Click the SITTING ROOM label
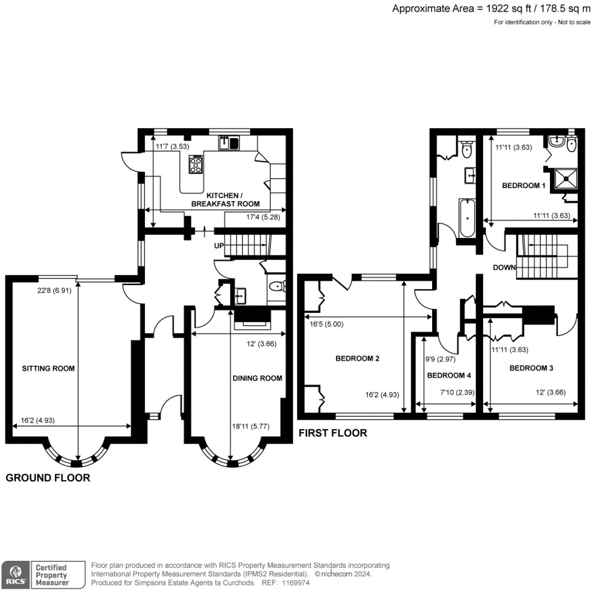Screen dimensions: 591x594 click(x=48, y=368)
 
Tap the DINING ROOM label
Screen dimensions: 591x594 click(x=257, y=378)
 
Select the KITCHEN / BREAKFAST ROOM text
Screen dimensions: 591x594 click(x=225, y=200)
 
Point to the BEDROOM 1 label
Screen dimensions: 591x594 click(x=523, y=186)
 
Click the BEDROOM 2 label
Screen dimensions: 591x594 click(x=357, y=358)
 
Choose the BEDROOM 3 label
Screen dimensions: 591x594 click(x=531, y=368)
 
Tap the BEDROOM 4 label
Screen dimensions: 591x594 click(x=445, y=376)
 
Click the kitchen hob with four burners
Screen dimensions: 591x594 click(x=196, y=165)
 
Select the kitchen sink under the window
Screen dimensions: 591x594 click(x=229, y=142)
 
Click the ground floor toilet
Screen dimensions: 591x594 click(x=278, y=286)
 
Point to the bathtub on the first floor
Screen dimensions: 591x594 click(x=468, y=219)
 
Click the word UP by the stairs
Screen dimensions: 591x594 click(x=219, y=246)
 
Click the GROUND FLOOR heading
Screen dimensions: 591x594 click(x=48, y=478)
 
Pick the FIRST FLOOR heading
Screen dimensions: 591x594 click(x=332, y=433)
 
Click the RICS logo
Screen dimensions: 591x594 click(x=14, y=574)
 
